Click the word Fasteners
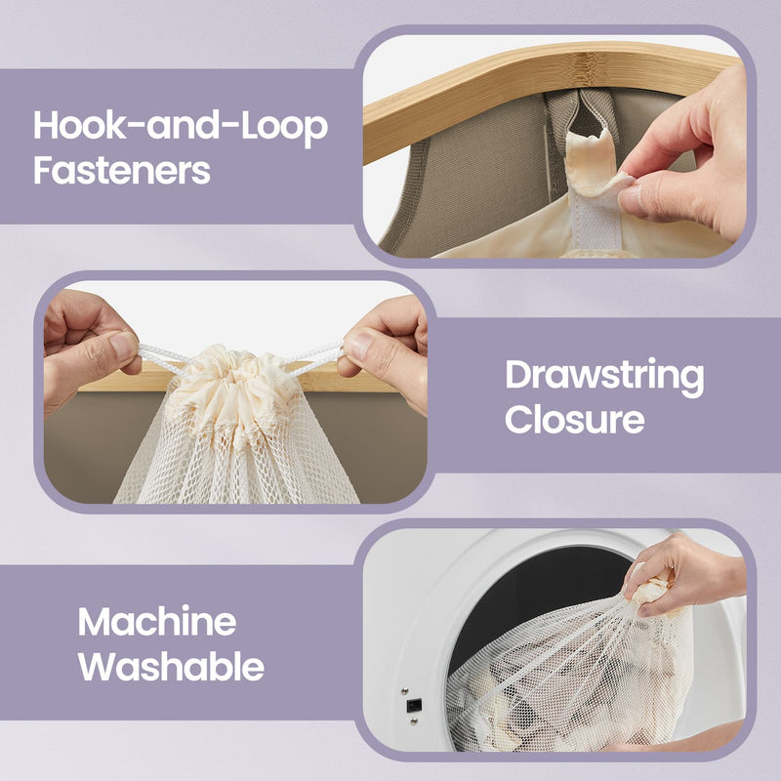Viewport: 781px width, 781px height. coord(121,170)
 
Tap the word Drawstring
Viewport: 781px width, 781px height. coord(604,377)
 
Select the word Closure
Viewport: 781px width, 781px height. coord(575,419)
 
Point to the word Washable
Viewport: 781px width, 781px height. coord(171,666)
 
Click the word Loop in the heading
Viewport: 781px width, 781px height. coord(284,128)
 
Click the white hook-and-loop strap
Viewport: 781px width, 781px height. coord(596,219)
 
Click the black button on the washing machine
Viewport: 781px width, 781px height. coord(414,705)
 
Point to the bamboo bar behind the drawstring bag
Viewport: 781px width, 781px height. coord(344,378)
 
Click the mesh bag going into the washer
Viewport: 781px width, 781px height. coord(568,678)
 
